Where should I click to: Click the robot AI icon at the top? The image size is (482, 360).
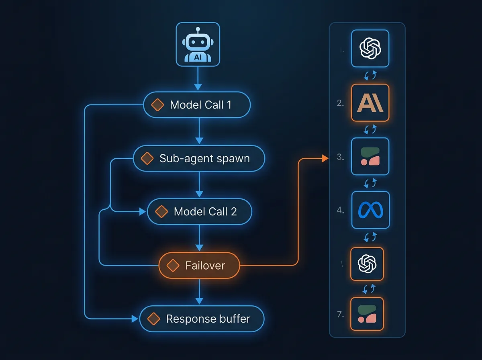pyautogui.click(x=198, y=45)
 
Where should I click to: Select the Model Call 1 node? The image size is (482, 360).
pyautogui.click(x=197, y=105)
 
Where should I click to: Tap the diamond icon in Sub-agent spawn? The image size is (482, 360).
pyautogui.click(x=147, y=158)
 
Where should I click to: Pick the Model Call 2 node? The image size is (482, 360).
pyautogui.click(x=199, y=212)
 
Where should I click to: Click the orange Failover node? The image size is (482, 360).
pyautogui.click(x=199, y=266)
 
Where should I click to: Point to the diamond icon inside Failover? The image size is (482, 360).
pyautogui.click(x=173, y=266)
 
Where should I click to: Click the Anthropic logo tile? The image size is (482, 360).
pyautogui.click(x=370, y=103)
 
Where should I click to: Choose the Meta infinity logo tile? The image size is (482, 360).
pyautogui.click(x=370, y=210)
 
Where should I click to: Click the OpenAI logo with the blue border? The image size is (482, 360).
pyautogui.click(x=370, y=48)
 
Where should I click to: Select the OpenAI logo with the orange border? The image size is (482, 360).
pyautogui.click(x=367, y=264)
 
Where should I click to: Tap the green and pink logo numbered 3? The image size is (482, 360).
pyautogui.click(x=370, y=156)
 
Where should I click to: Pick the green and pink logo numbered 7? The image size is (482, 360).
pyautogui.click(x=367, y=313)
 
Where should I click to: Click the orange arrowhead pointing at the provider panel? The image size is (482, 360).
pyautogui.click(x=326, y=159)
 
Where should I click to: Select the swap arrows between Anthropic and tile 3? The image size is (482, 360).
pyautogui.click(x=370, y=129)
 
